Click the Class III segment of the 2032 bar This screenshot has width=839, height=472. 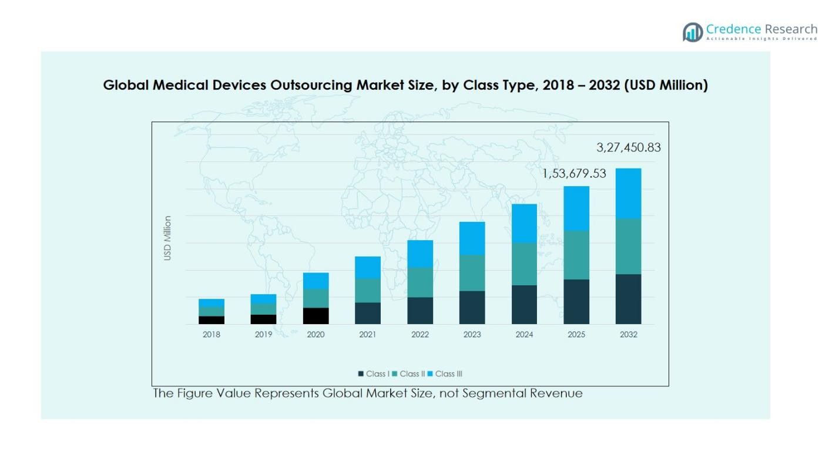[x=628, y=194]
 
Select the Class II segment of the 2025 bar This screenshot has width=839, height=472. [x=576, y=255]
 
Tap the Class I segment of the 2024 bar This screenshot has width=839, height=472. [x=524, y=305]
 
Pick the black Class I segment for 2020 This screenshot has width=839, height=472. [x=316, y=316]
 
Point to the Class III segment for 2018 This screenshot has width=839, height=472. [x=212, y=303]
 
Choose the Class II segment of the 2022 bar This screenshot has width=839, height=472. [x=420, y=282]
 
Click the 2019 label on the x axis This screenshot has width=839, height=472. [x=263, y=335]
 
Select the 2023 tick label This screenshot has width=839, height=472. [x=472, y=335]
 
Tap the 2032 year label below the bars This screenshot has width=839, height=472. [x=628, y=335]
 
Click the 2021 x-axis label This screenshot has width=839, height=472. [x=368, y=335]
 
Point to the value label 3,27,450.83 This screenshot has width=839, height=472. [x=628, y=148]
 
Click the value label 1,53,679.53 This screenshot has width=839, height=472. [x=573, y=174]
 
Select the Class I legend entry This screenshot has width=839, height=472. [x=374, y=374]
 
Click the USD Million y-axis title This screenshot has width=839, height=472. [x=168, y=238]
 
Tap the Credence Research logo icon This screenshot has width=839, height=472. [x=693, y=32]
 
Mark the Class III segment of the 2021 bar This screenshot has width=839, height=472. [x=368, y=267]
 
